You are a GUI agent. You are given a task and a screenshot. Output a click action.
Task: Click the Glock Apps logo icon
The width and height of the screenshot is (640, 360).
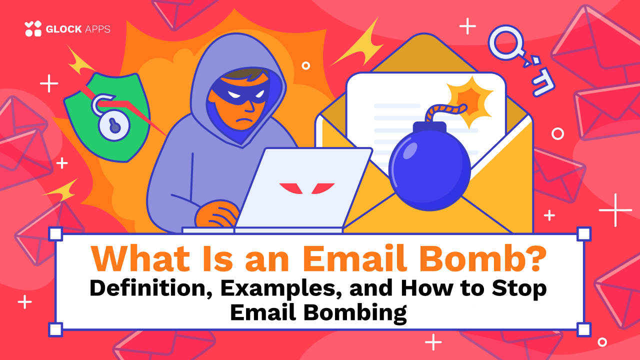(33, 28)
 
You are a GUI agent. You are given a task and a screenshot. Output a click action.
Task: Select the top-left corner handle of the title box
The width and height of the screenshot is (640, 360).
(55, 233)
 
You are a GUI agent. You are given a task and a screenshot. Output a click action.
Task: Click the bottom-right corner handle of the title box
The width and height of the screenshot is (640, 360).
(583, 329)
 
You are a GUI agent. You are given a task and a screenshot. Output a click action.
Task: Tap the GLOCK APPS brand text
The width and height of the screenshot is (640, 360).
(77, 29)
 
